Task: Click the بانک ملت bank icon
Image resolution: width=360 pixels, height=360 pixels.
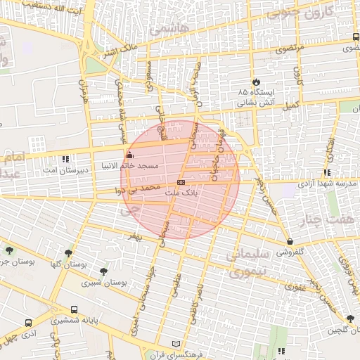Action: (181, 182)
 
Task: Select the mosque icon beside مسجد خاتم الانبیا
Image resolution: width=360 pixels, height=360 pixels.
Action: (128, 155)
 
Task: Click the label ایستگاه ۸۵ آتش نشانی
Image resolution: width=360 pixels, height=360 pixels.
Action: (257, 97)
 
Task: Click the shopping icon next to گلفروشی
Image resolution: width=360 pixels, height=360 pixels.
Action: (290, 241)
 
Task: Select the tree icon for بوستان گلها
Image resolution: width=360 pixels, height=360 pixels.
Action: (68, 253)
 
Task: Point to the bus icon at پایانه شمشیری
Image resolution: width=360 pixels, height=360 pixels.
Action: (75, 309)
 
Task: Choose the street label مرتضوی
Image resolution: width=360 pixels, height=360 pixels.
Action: (290, 49)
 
